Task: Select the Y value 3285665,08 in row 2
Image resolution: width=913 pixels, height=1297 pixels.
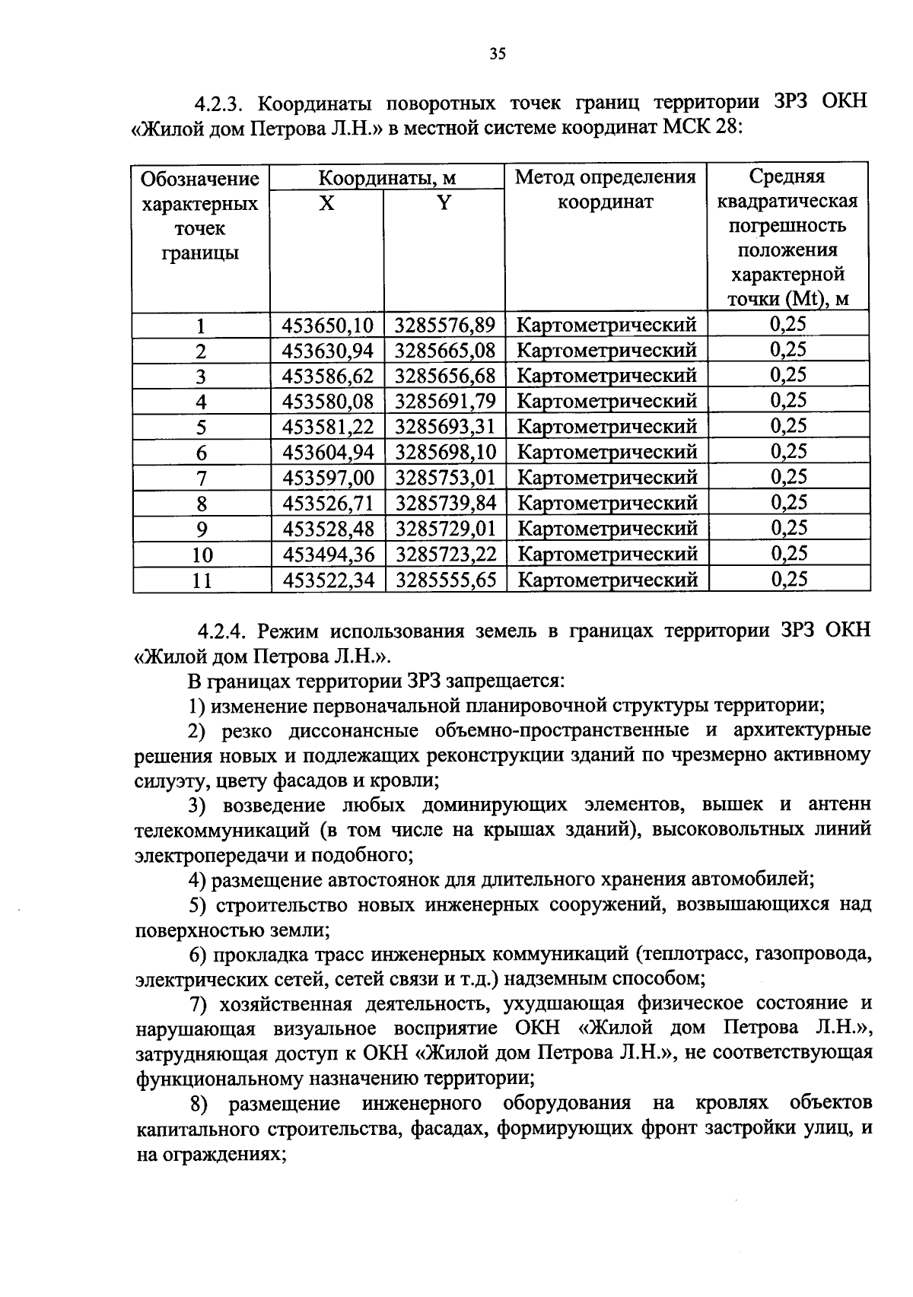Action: pyautogui.click(x=445, y=351)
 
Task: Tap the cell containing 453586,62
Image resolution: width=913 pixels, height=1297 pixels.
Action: pyautogui.click(x=328, y=376)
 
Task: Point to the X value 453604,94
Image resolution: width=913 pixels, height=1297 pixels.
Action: pyautogui.click(x=328, y=453)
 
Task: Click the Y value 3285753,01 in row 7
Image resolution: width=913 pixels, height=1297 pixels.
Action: pyautogui.click(x=445, y=478)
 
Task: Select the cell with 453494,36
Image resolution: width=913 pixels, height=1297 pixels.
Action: pyautogui.click(x=328, y=555)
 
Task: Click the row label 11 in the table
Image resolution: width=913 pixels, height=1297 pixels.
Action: pyautogui.click(x=201, y=581)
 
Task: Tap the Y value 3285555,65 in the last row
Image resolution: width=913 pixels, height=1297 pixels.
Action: pyautogui.click(x=445, y=580)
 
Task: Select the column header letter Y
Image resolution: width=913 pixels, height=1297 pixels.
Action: pyautogui.click(x=444, y=203)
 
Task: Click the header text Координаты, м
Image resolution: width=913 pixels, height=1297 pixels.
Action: pyautogui.click(x=387, y=179)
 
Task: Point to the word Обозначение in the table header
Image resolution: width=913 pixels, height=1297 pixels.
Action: pyautogui.click(x=200, y=180)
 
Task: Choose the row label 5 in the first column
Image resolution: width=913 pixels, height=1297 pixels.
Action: pyautogui.click(x=201, y=428)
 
